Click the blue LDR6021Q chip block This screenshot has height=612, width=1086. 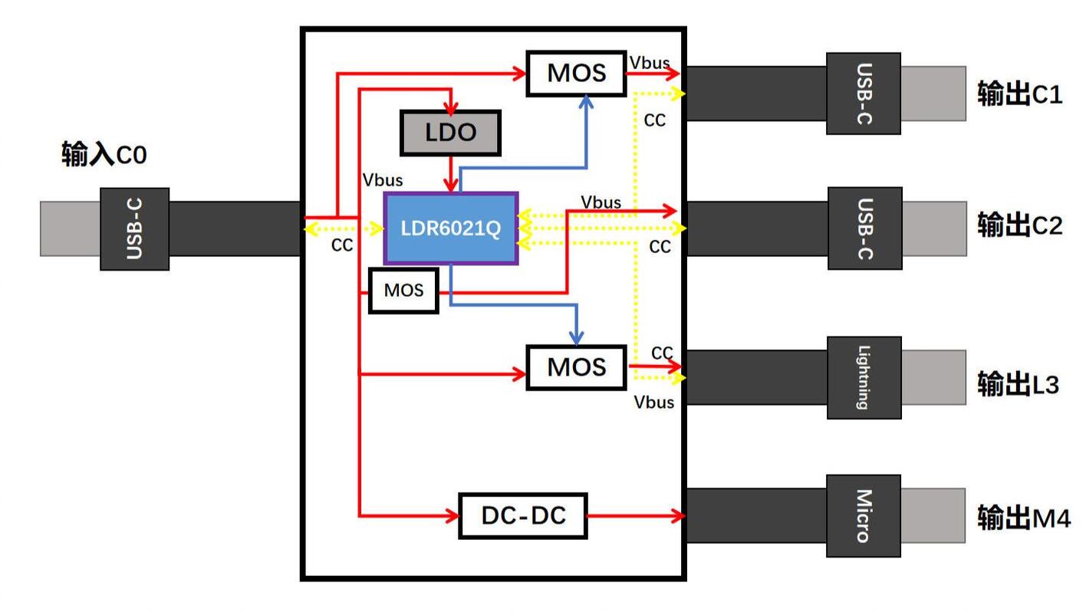[x=451, y=229]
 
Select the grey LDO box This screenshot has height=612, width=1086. [x=450, y=133]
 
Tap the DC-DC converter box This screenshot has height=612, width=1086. [x=523, y=515]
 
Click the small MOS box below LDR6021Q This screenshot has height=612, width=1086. [x=404, y=291]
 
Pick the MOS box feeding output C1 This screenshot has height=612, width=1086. [x=577, y=73]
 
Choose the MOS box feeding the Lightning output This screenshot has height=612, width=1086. [x=577, y=367]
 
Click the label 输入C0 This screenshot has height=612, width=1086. [x=104, y=155]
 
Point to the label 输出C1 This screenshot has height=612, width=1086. [x=1019, y=94]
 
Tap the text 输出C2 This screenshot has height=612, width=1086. [x=1019, y=225]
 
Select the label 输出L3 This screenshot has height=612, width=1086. [x=1018, y=384]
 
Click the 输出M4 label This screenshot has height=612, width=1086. [x=1023, y=518]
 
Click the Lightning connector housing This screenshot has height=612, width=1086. [x=864, y=377]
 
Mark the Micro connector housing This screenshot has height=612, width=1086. [x=864, y=515]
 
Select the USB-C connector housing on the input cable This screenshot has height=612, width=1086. [x=135, y=229]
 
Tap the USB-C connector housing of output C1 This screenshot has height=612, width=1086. [x=864, y=94]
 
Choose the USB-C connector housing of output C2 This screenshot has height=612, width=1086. [x=865, y=228]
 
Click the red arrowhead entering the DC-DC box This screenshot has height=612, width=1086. [x=452, y=515]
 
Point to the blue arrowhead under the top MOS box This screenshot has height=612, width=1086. [x=586, y=101]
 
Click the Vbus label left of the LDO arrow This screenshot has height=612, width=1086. [x=383, y=180]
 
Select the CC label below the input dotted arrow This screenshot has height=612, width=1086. [x=342, y=245]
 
